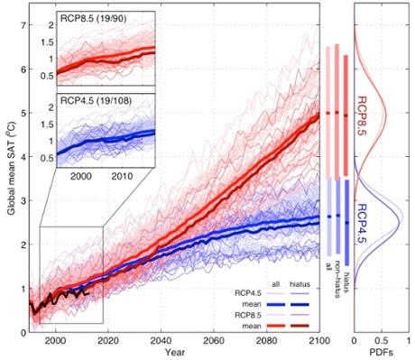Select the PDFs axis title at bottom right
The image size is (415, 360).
coord(382,352)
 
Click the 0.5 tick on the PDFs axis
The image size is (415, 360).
coord(382,341)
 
